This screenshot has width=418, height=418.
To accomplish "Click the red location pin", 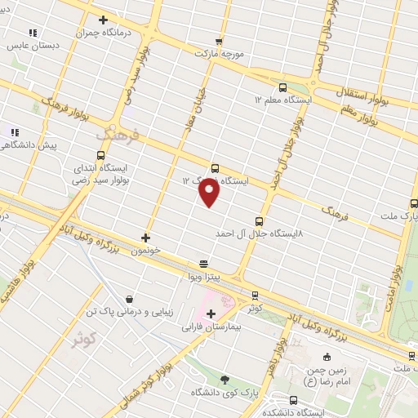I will (209, 193).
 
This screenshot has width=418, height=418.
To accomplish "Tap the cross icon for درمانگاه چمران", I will (103, 20).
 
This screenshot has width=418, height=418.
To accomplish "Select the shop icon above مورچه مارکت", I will (218, 41).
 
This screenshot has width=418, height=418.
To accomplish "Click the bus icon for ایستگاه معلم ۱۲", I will (282, 87).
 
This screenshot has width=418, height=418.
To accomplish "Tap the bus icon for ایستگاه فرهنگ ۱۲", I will (215, 168).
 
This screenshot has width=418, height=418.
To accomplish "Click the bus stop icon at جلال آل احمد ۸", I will (260, 221).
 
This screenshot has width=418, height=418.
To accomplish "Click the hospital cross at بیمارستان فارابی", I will (211, 313).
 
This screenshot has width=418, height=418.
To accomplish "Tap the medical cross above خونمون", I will (145, 238).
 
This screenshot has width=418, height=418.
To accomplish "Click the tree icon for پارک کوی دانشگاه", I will (225, 380).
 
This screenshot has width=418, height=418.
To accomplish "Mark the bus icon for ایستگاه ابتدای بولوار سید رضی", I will (100, 154).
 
